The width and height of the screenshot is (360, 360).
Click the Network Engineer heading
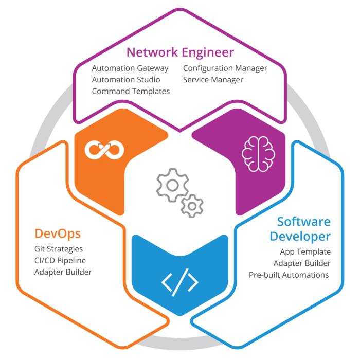(x=180, y=52)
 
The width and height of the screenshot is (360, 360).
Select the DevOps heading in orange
(x=58, y=233)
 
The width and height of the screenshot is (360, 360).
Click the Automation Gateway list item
(x=130, y=68)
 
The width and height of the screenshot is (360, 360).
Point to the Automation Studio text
(x=126, y=80)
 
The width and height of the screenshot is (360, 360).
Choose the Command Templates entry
(x=131, y=91)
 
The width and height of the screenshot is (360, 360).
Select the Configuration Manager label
(x=225, y=68)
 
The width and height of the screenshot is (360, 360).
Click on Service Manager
(x=213, y=80)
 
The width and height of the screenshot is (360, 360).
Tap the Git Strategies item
(x=59, y=249)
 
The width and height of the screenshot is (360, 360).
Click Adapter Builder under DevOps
(x=63, y=272)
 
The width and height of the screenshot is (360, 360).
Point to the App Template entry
(x=305, y=252)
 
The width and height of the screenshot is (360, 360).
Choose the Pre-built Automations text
(x=289, y=275)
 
